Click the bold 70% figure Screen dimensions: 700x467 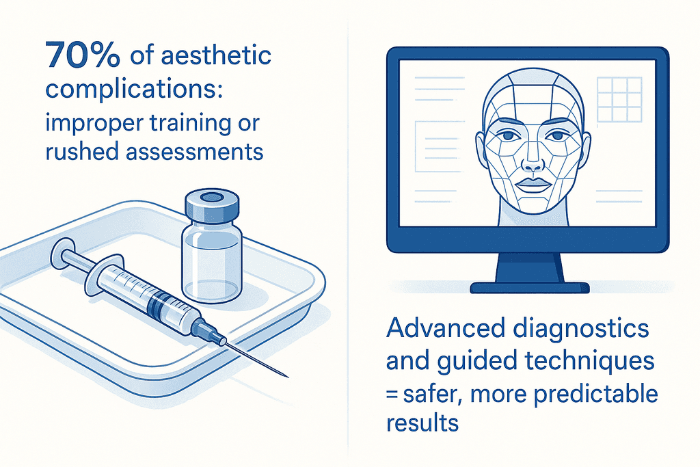tap(83, 55)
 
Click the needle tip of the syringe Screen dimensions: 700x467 tap(287, 376)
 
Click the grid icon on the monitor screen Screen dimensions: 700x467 tap(619, 99)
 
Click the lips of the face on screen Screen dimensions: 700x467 tap(533, 185)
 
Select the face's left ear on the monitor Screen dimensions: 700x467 tap(481, 147)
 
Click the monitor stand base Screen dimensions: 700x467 tap(530, 288)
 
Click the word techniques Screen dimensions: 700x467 tap(589, 362)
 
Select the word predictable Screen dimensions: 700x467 tap(595, 395)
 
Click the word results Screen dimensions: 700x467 tap(422, 423)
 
